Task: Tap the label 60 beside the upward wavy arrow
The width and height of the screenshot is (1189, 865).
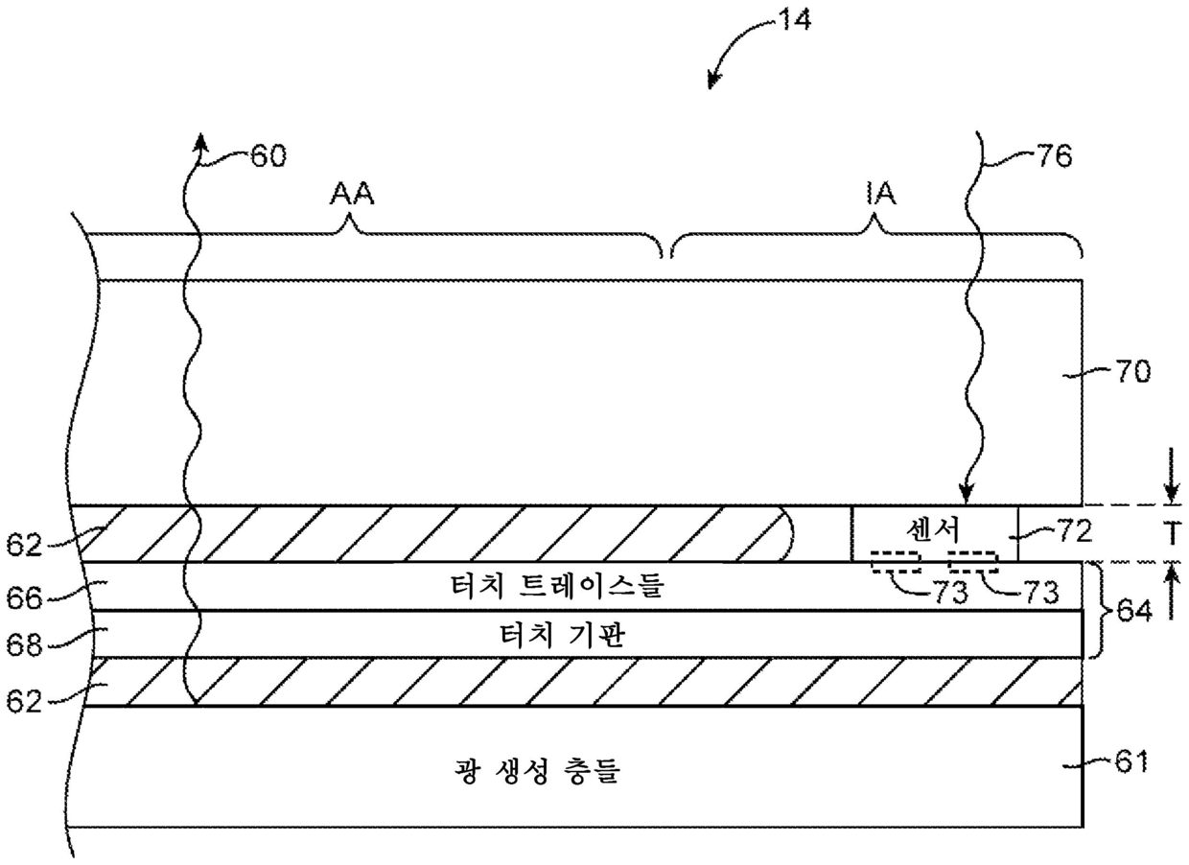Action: pyautogui.click(x=268, y=154)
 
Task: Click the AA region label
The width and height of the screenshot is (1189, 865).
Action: pyautogui.click(x=352, y=195)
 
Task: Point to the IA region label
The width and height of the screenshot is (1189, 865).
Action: pyautogui.click(x=877, y=195)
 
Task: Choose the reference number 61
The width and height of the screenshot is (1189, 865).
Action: pyautogui.click(x=1131, y=763)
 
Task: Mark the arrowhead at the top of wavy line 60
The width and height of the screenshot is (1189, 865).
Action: pyautogui.click(x=200, y=141)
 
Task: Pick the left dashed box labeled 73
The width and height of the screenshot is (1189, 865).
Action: pyautogui.click(x=895, y=562)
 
